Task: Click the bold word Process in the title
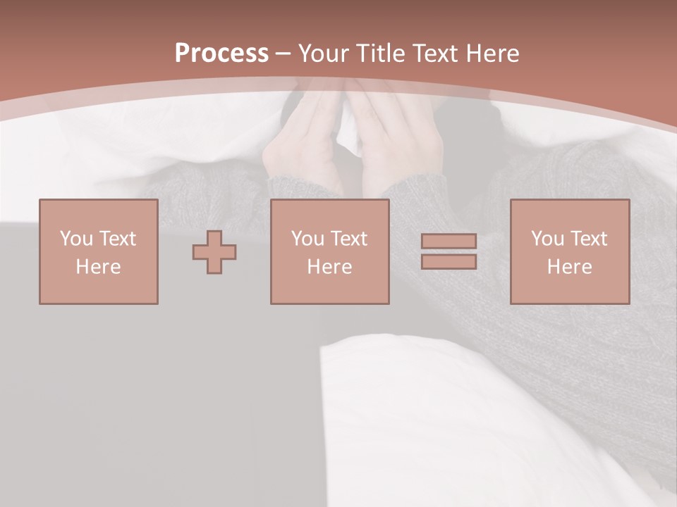[x=221, y=54]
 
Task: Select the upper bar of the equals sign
[x=449, y=242]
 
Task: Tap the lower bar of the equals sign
[x=449, y=262]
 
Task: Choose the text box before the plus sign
[x=99, y=252]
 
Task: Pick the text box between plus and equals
[x=329, y=252]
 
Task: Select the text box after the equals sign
[x=570, y=252]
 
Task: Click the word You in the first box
[x=76, y=239]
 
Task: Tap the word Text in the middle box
[x=348, y=239]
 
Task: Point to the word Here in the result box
[x=569, y=267]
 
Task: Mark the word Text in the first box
[x=117, y=239]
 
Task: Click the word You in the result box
[x=547, y=239]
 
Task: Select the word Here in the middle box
[x=329, y=267]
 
